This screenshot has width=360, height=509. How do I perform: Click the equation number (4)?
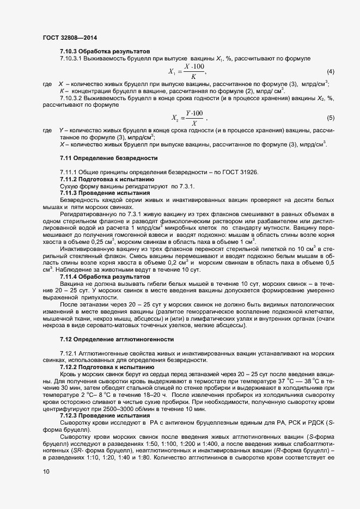tap(330, 71)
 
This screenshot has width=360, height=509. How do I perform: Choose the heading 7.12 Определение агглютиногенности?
tap(117, 339)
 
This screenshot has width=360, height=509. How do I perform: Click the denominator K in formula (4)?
tap(186, 77)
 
